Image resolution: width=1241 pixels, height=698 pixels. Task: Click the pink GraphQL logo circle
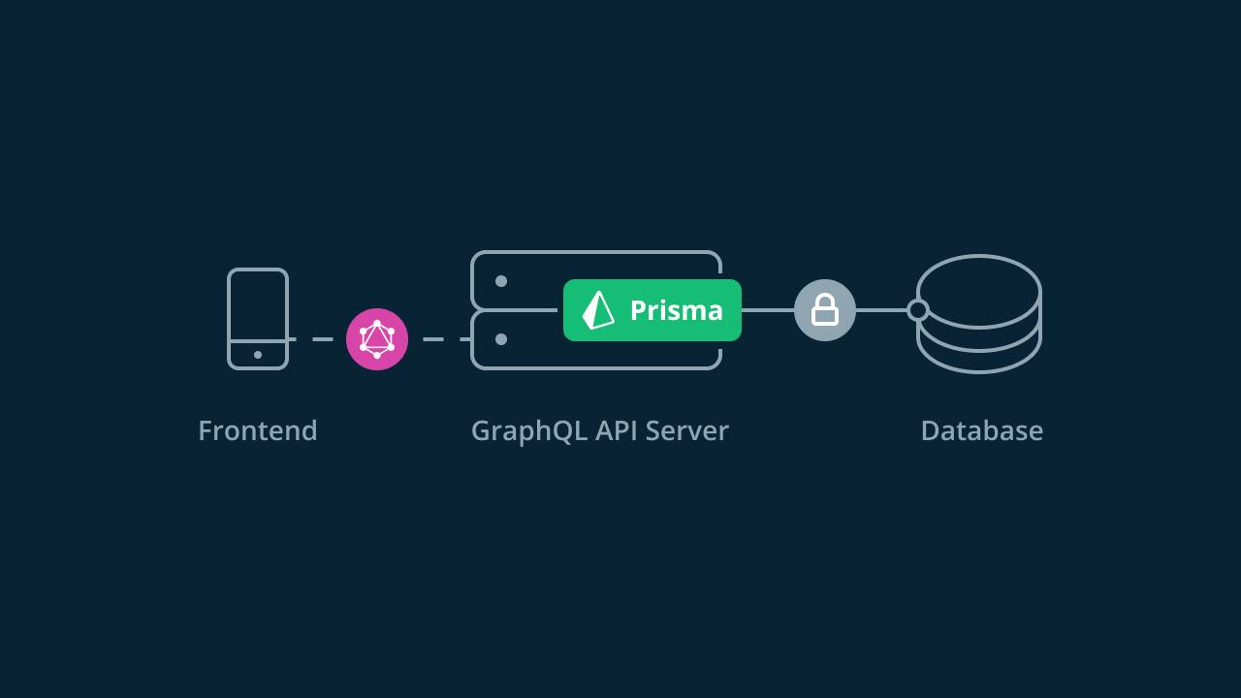377,339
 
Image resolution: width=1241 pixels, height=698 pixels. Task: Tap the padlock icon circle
824,310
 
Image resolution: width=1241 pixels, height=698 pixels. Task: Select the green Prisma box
652,310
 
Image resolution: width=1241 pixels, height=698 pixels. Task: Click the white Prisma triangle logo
598,310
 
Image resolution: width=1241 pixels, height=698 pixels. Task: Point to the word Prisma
676,310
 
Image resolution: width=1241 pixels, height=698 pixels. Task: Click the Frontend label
258,430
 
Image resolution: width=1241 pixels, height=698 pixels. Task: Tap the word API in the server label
616,430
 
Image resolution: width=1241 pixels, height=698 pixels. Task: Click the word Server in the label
686,430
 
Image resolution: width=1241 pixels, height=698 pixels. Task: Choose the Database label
981,430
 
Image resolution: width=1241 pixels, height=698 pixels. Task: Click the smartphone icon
258,319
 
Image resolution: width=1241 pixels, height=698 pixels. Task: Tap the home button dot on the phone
258,355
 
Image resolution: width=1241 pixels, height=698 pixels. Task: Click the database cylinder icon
979,313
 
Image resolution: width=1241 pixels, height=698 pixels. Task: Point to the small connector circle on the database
917,310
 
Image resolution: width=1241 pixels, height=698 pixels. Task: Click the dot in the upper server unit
501,281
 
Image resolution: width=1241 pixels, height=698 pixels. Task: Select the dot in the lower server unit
501,339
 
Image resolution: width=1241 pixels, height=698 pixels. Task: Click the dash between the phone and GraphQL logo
322,339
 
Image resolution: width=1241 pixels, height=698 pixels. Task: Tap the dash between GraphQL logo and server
433,339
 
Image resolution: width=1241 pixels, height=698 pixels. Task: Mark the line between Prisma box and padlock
767,310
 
